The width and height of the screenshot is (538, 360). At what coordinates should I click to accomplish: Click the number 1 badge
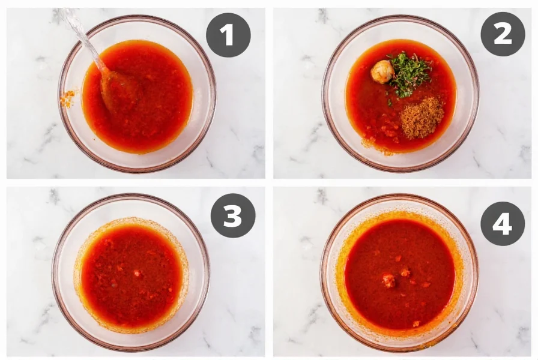228,35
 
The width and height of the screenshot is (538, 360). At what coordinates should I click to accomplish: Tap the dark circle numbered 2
503,34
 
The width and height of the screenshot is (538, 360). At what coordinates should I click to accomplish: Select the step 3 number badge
232,215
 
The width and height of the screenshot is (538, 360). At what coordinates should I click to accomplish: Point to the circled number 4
503,223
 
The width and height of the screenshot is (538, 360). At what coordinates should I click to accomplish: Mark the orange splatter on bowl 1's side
67,98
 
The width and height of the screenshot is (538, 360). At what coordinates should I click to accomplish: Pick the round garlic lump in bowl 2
382,71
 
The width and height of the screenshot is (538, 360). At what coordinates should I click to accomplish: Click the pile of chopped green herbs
410,74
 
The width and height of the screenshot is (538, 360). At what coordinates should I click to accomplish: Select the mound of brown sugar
422,118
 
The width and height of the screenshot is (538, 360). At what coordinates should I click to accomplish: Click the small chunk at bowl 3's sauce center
138,273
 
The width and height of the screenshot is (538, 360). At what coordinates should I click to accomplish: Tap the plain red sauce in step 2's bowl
366,102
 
